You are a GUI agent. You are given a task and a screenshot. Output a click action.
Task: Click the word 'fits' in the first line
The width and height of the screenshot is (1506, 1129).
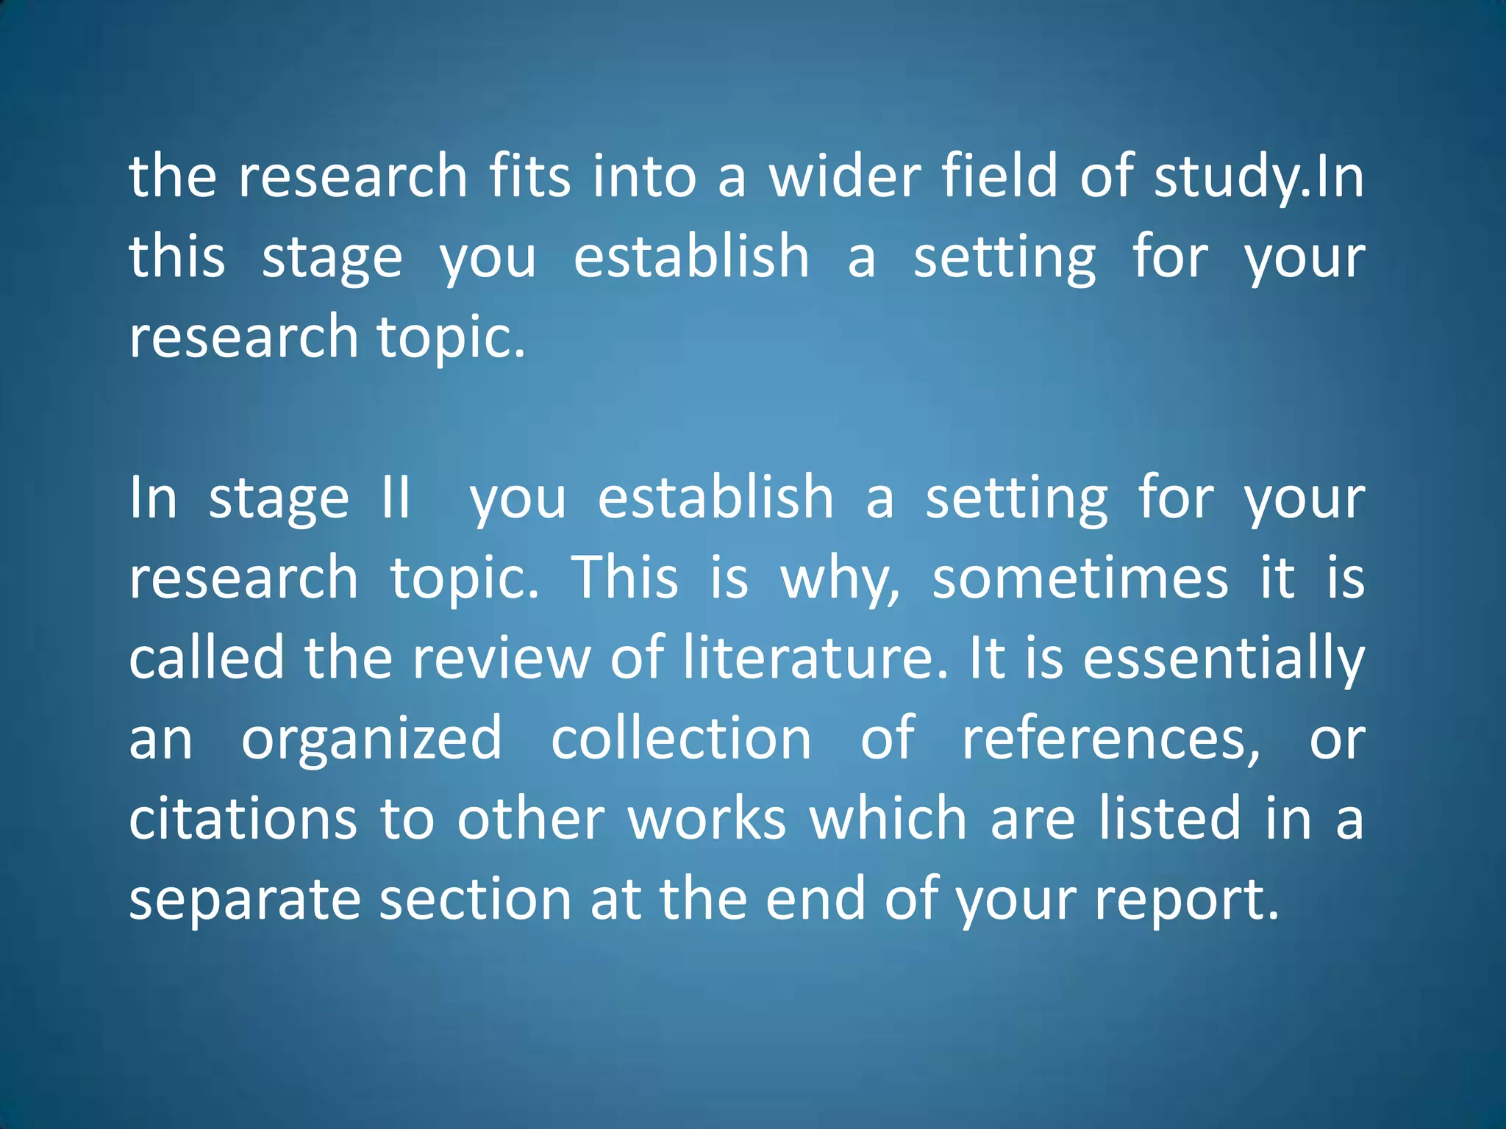click(529, 176)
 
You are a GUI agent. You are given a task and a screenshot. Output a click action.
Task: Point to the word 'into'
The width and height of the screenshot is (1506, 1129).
click(644, 176)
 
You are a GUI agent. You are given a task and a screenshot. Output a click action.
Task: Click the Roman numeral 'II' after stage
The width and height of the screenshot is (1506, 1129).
click(396, 498)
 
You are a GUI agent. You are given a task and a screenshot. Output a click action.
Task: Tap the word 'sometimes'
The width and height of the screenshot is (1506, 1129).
click(1079, 578)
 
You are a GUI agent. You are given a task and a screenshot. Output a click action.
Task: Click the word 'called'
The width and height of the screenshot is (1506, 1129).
click(207, 658)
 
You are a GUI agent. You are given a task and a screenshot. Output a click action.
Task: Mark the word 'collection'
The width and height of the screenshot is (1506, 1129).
click(681, 738)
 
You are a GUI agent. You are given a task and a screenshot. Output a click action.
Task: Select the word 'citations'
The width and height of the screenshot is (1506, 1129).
click(243, 819)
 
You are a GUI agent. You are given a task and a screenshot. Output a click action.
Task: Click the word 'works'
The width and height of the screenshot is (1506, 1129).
click(707, 819)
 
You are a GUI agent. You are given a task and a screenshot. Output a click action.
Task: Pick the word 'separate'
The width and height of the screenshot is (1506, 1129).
click(245, 900)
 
